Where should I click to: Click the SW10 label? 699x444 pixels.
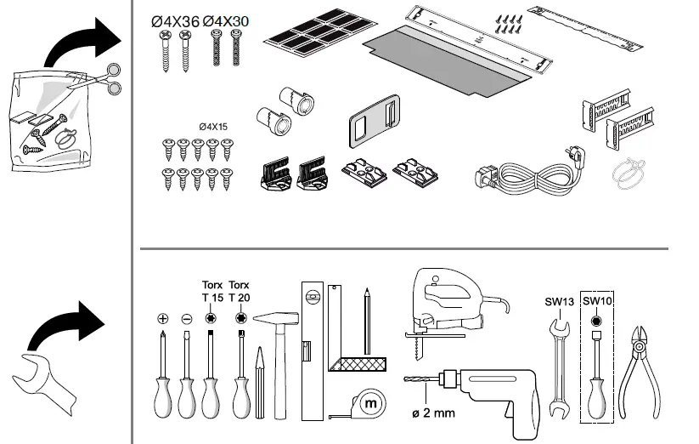tap(598, 300)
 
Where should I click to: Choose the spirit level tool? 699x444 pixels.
tap(310, 349)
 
